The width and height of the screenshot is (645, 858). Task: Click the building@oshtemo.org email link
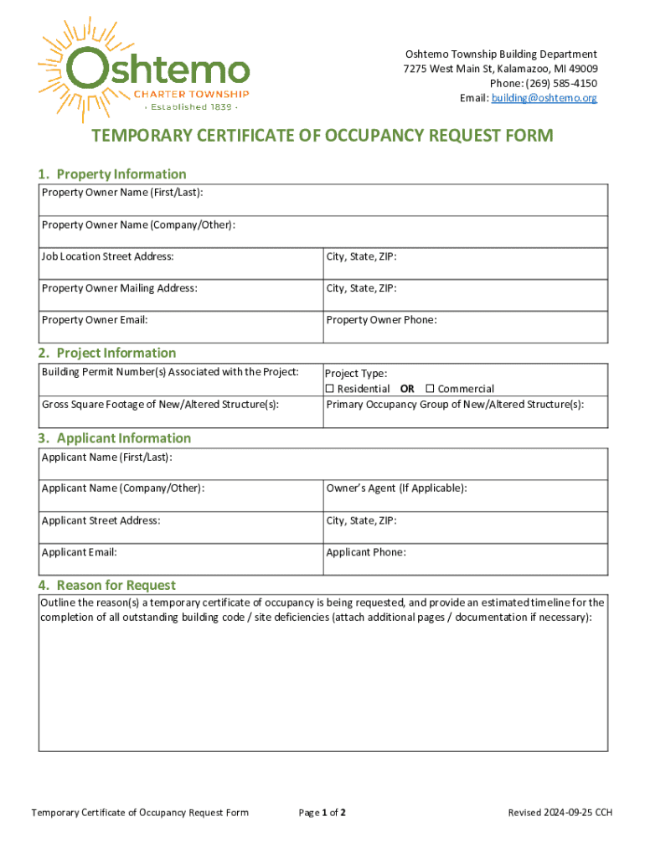point(544,98)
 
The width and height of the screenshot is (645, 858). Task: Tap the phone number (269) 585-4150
point(565,83)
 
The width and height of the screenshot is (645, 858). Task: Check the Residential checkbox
point(329,389)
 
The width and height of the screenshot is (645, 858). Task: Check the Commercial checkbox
point(430,389)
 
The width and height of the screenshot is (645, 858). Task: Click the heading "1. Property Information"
point(112,174)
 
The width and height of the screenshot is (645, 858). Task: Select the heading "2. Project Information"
point(107,353)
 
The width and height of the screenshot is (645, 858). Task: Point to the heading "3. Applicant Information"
point(114,438)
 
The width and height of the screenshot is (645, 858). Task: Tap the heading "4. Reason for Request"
point(106,585)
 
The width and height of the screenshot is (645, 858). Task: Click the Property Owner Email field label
point(95,320)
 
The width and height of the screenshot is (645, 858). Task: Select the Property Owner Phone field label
point(381,320)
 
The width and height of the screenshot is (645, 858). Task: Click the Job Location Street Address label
point(108,256)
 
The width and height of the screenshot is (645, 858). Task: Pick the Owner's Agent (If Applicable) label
point(396,488)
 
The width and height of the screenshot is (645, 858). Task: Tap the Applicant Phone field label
point(366,552)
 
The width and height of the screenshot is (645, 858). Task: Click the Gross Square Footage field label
point(160,405)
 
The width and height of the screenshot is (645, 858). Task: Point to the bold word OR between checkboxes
point(407,389)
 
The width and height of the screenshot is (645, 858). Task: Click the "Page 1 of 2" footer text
point(322,813)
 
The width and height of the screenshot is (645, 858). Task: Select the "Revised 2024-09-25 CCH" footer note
point(560,813)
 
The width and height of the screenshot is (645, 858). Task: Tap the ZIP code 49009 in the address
point(581,68)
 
